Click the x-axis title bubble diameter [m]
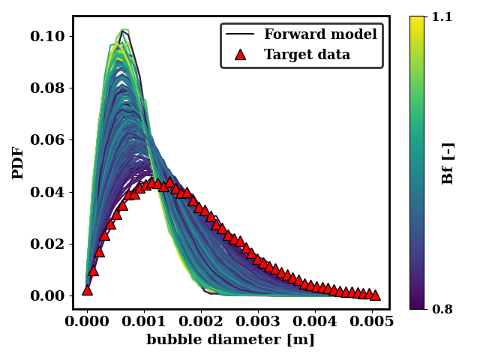[x=230, y=340]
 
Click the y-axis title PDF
[x=18, y=163]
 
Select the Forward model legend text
[x=320, y=34]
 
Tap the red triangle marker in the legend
[x=240, y=55]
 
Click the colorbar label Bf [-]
[x=448, y=163]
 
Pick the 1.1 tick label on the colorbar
[x=442, y=16]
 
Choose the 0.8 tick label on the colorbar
[x=442, y=308]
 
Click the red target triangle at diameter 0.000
[x=87, y=289]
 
